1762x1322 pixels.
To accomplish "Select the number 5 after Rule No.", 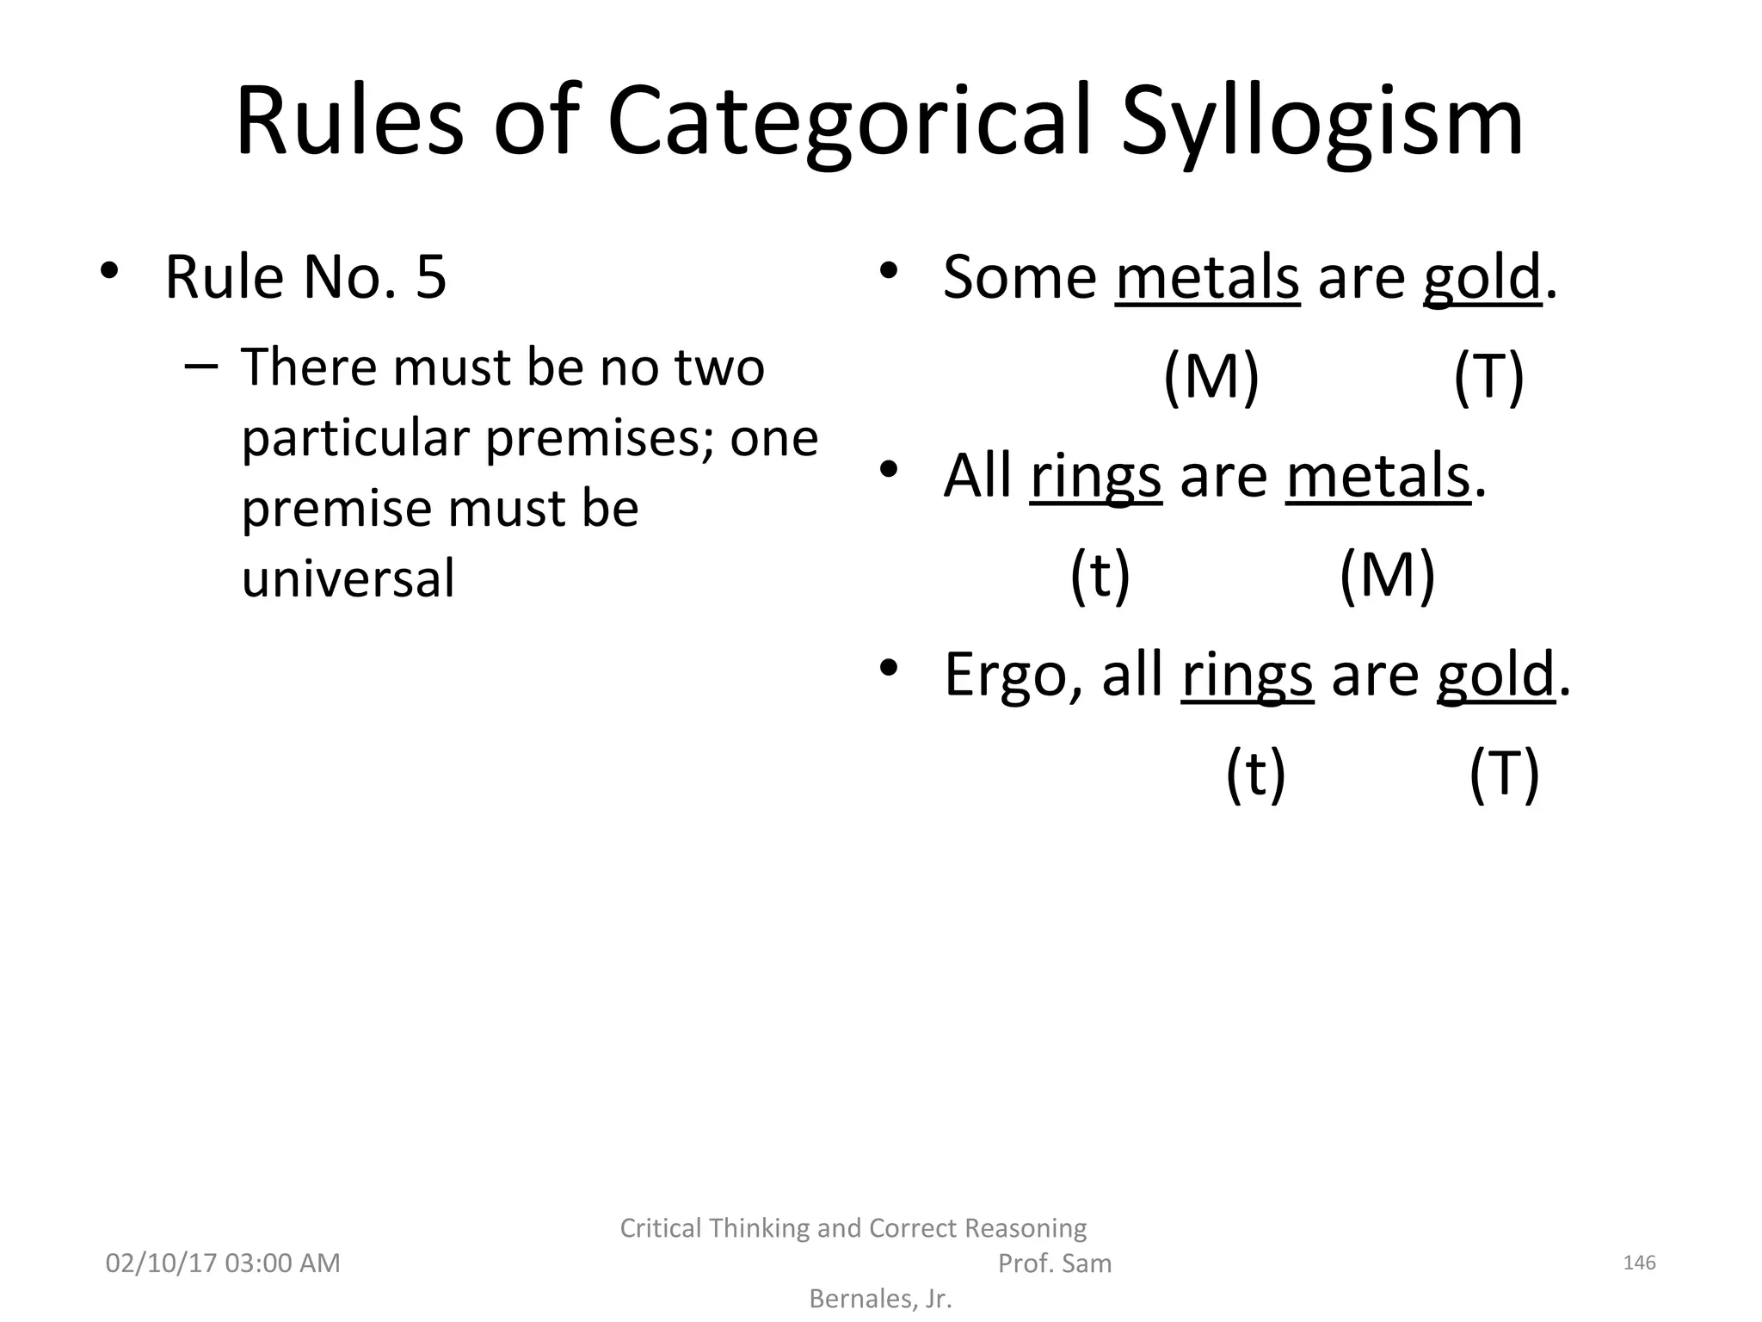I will tap(431, 277).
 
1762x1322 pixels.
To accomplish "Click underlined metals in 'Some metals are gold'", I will tap(1207, 277).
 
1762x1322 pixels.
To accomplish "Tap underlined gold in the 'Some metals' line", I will tap(1482, 277).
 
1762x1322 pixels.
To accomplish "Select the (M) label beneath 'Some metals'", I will tap(1211, 376).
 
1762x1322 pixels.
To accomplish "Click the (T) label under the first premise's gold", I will tap(1488, 376).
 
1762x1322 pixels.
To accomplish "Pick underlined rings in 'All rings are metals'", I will tap(1095, 476).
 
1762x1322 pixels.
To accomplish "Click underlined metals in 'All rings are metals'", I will tap(1378, 476).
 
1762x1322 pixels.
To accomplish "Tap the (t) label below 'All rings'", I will tap(1100, 575).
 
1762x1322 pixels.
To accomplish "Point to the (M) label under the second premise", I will tap(1387, 575).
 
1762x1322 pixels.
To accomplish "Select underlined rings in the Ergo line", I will tap(1248, 674).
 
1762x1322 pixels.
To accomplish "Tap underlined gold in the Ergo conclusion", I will tap(1495, 674).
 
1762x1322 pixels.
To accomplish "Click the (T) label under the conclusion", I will tap(1503, 773).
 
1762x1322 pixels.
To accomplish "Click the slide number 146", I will tap(1639, 1263).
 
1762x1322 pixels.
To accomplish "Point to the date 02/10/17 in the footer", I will tap(160, 1263).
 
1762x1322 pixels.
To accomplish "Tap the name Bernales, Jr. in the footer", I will tap(881, 1299).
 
